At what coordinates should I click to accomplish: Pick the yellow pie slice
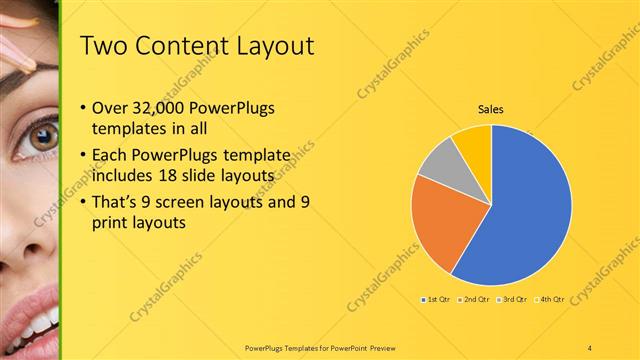473,143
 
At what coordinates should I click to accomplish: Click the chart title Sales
490,109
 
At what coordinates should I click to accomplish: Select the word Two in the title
101,46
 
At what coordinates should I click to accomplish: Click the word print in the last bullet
107,224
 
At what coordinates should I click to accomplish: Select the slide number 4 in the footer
591,346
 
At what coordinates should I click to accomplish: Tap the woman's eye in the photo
43,137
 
